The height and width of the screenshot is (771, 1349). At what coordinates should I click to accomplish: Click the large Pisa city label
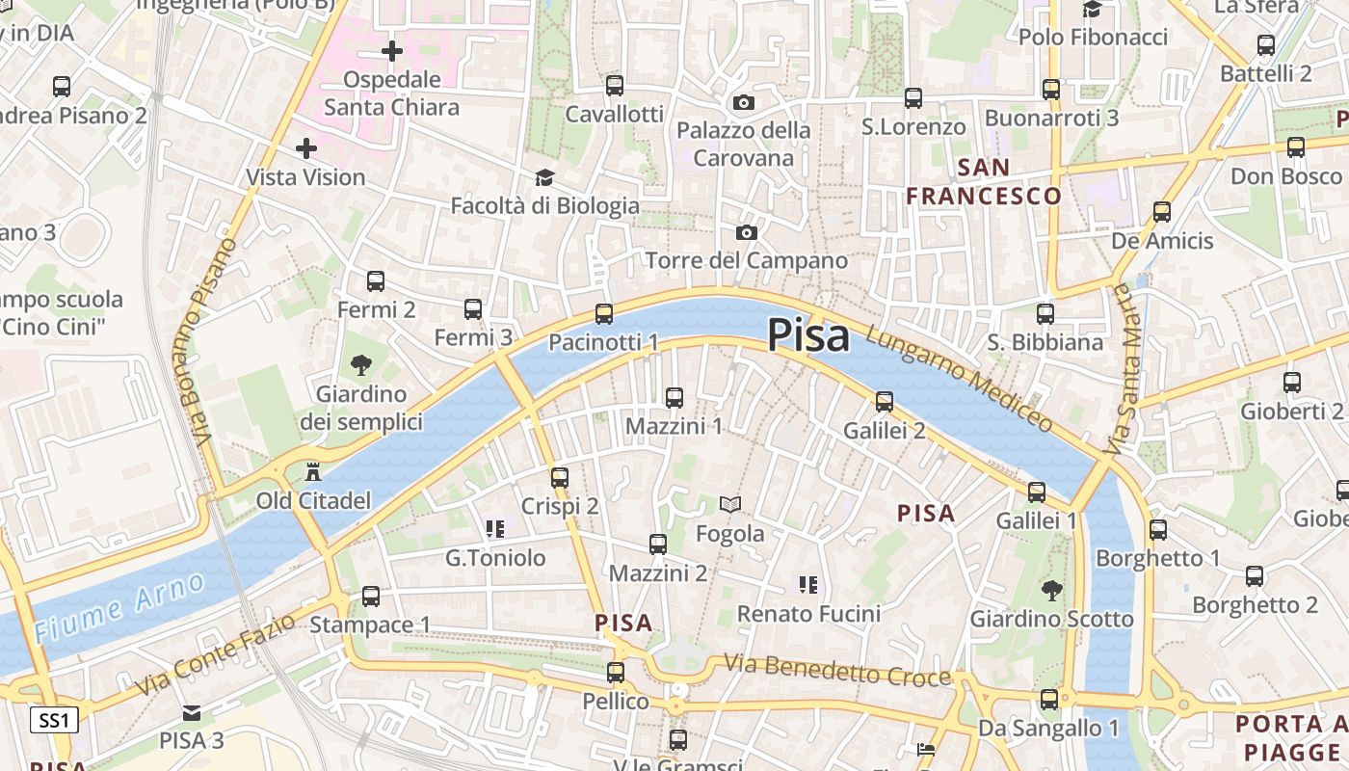coord(808,336)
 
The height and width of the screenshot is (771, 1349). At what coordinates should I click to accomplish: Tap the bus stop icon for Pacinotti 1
coord(604,313)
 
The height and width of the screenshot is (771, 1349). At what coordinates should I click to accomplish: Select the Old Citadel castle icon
coord(312,472)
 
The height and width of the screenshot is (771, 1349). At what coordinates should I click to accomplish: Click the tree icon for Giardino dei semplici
coord(361,365)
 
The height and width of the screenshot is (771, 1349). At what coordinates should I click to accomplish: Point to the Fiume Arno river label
coord(119,607)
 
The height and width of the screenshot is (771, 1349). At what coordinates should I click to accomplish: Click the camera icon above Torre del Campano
coord(746,232)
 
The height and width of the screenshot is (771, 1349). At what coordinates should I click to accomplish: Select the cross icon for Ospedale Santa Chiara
coord(391,50)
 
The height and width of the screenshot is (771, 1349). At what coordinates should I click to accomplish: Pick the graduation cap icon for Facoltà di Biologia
coord(544,177)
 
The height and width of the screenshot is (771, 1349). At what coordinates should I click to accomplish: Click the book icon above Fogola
coord(730,504)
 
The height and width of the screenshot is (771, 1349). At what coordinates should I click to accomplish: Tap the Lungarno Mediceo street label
coord(958,379)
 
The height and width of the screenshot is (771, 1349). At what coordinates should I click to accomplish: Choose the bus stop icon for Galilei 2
coord(884,402)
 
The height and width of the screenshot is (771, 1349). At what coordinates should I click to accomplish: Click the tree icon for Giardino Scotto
coord(1051,590)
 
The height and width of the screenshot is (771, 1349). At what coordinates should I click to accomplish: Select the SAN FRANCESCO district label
coord(983,181)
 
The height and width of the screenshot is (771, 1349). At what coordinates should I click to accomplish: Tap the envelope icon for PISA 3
coord(192,713)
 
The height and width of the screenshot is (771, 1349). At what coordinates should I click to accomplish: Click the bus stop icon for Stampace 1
coord(371,597)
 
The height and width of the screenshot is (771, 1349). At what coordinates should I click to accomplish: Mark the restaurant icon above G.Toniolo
coord(495,528)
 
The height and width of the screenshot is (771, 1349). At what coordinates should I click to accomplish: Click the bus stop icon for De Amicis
coord(1162,212)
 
